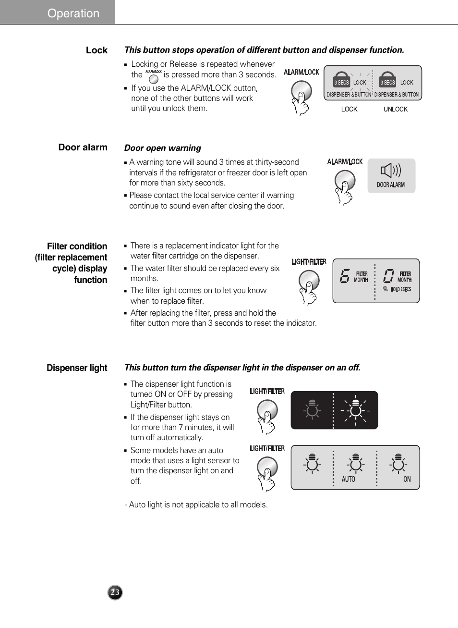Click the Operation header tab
pyautogui.click(x=73, y=13)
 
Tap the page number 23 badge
pyautogui.click(x=115, y=592)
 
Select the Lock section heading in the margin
pyautogui.click(x=96, y=50)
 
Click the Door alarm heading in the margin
pyautogui.click(x=83, y=148)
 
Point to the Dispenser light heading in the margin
pyautogui.click(x=77, y=368)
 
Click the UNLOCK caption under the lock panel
pyautogui.click(x=395, y=110)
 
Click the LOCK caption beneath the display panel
pyautogui.click(x=349, y=110)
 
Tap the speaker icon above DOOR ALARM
pyautogui.click(x=390, y=170)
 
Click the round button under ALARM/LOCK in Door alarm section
pyautogui.click(x=345, y=181)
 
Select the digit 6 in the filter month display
pyautogui.click(x=344, y=276)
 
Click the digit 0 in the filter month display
pyautogui.click(x=388, y=276)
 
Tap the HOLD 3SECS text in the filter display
pyautogui.click(x=400, y=289)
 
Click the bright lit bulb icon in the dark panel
pyautogui.click(x=356, y=410)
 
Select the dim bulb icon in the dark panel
pyautogui.click(x=312, y=410)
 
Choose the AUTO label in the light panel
pyautogui.click(x=348, y=480)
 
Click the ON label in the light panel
pyautogui.click(x=407, y=480)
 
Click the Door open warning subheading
pyautogui.click(x=162, y=148)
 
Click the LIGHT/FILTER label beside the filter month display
pyautogui.click(x=309, y=262)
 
